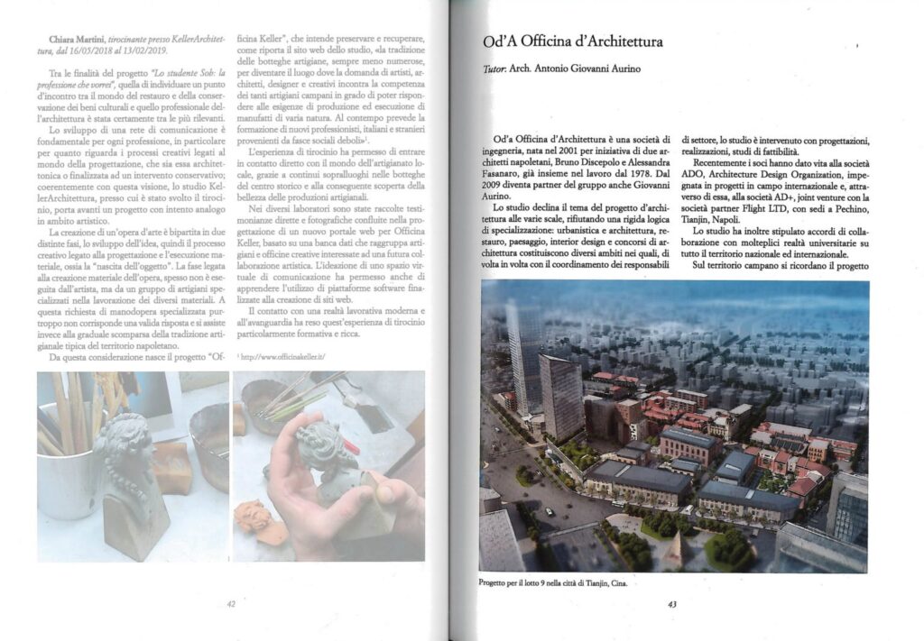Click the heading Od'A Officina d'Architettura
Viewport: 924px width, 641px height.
573,41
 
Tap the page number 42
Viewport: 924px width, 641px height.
231,604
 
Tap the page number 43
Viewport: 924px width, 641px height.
671,604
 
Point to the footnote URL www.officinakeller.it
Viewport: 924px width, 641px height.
282,356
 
